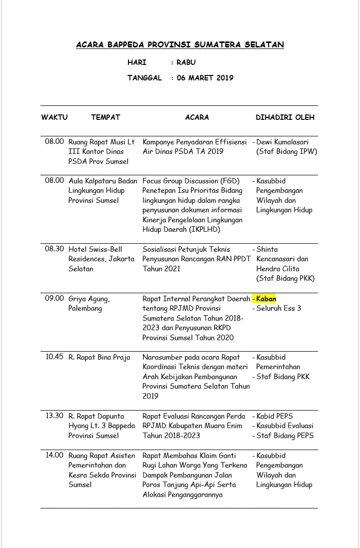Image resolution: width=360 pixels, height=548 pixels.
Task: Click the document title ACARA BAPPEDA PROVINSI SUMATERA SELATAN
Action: [180, 45]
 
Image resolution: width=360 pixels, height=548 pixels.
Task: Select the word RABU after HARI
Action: [186, 62]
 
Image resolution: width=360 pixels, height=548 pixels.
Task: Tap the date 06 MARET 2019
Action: [205, 78]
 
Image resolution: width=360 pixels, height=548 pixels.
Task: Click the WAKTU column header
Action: [54, 117]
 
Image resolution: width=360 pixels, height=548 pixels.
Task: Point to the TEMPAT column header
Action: [105, 117]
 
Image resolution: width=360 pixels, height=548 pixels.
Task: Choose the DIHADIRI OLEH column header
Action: [285, 117]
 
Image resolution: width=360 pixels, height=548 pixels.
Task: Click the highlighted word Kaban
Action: [266, 299]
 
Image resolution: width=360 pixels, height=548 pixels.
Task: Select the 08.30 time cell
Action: [54, 249]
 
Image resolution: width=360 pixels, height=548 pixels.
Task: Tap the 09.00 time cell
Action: [54, 298]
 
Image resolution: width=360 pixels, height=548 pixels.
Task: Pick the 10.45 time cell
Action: [54, 357]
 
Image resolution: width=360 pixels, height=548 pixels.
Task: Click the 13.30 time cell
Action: [54, 416]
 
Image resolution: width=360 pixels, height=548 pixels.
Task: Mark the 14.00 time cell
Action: [54, 455]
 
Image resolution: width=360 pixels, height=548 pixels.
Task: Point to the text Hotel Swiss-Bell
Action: [95, 249]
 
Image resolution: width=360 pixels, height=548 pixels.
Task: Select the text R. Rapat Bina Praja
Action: [99, 357]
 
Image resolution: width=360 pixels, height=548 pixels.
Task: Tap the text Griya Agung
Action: [89, 299]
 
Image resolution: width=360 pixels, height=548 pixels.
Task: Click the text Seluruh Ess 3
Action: [278, 308]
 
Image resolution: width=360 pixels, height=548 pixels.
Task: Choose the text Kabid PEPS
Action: [274, 416]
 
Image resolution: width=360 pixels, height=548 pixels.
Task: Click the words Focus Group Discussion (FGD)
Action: [191, 181]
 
